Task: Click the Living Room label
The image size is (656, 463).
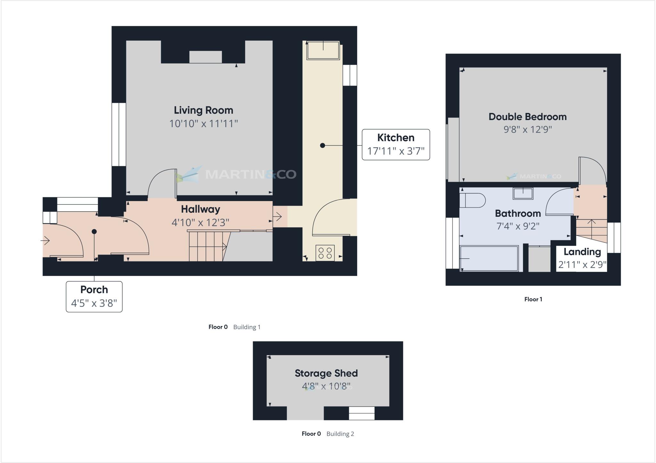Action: tap(203, 110)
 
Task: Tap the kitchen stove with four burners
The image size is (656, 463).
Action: tap(325, 253)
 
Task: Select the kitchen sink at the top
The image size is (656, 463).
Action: tap(323, 51)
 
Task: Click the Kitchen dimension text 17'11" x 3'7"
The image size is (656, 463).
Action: tap(396, 151)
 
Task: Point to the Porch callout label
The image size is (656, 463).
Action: tap(94, 290)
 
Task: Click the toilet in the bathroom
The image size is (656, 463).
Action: tap(472, 200)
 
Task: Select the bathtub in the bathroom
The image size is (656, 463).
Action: tap(489, 258)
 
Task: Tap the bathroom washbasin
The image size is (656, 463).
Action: tap(523, 194)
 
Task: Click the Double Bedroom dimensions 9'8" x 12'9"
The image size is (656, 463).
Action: tap(528, 130)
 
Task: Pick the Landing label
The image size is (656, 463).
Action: tap(582, 252)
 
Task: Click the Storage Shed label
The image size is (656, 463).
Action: tap(326, 373)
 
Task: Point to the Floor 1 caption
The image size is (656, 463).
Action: tap(533, 299)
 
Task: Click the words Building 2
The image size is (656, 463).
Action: tap(340, 434)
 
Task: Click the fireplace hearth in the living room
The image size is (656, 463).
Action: tap(205, 57)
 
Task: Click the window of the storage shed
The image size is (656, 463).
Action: tap(362, 413)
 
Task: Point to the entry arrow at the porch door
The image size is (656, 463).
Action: tap(45, 240)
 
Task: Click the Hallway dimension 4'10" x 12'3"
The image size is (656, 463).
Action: tap(201, 223)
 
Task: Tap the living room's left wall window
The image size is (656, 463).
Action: tap(119, 134)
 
